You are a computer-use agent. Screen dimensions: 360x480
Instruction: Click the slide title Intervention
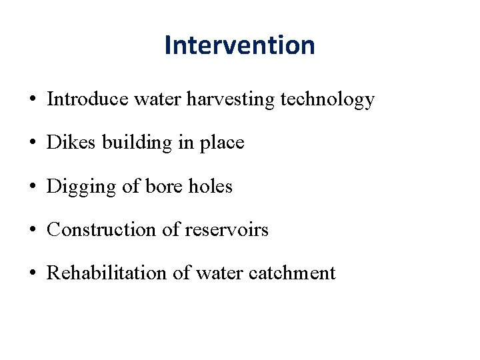[x=239, y=45]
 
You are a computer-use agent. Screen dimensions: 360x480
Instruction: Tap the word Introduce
[x=87, y=99]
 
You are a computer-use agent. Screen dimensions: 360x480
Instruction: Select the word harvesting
[x=231, y=99]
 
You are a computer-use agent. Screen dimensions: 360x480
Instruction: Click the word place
[x=222, y=143]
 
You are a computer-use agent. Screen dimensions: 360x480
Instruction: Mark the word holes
[x=210, y=186]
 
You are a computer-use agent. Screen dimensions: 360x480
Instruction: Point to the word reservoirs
[x=226, y=230]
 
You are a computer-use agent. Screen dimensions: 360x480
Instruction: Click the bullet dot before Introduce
[x=32, y=101]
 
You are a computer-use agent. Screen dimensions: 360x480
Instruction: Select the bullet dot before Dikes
[x=32, y=144]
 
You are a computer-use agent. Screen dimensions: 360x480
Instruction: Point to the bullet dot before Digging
[x=32, y=187]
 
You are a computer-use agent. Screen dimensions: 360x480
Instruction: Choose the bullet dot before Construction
[x=32, y=231]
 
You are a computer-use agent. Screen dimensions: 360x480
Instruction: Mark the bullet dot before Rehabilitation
[x=32, y=274]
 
